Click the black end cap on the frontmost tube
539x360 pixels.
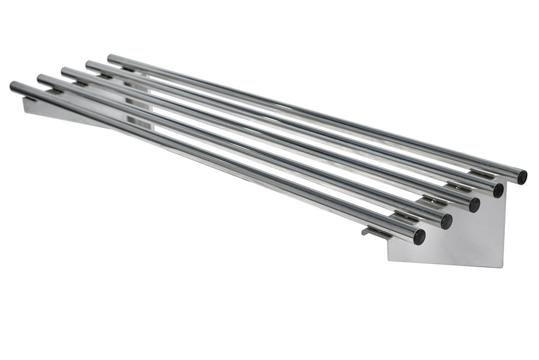419,237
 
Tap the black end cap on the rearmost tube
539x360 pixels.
522,177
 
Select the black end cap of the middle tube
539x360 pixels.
474,205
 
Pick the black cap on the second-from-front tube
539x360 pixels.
447,221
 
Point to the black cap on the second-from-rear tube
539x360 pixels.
498,190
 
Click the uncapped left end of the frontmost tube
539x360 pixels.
13,86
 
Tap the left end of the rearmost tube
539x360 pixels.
111,58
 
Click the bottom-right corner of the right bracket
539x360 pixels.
502,266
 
